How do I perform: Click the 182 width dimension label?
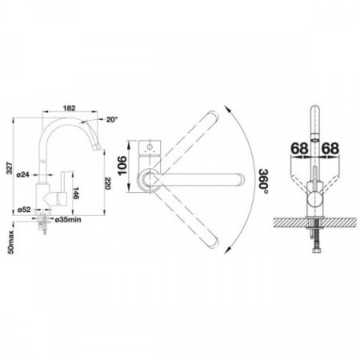point(70,108)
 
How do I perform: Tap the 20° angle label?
point(112,120)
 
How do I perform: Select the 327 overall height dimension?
point(10,168)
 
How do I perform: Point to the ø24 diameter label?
point(22,175)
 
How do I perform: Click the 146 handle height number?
point(76,194)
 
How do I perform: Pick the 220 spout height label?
point(107,183)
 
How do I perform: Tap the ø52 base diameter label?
point(24,210)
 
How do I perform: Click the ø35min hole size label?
point(68,220)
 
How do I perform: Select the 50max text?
point(10,242)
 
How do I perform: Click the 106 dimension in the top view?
point(122,166)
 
